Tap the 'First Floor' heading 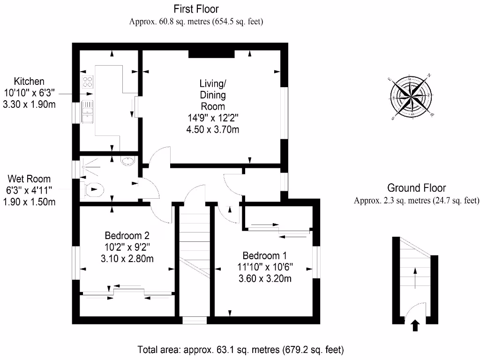pyautogui.click(x=196, y=9)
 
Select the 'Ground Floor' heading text pyautogui.click(x=416, y=188)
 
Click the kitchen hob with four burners pyautogui.click(x=88, y=82)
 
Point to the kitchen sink pyautogui.click(x=88, y=112)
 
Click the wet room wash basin pyautogui.click(x=127, y=162)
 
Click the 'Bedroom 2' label pyautogui.click(x=127, y=235)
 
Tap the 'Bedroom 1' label pyautogui.click(x=264, y=256)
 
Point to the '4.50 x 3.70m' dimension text pyautogui.click(x=212, y=129)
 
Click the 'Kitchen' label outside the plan pyautogui.click(x=29, y=81)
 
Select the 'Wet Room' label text pyautogui.click(x=29, y=179)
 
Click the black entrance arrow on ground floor pyautogui.click(x=415, y=325)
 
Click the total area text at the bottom pyautogui.click(x=240, y=350)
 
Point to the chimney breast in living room pyautogui.click(x=211, y=53)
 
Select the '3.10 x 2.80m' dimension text pyautogui.click(x=127, y=258)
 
